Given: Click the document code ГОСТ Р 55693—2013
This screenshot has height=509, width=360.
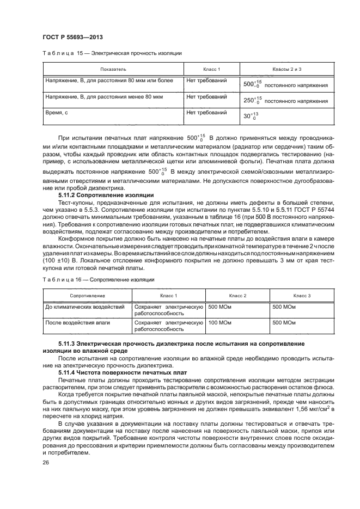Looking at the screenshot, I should tap(72, 36).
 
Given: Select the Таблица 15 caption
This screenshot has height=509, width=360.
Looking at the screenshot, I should tap(112, 53).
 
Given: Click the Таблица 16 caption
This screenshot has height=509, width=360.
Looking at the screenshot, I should tap(98, 279).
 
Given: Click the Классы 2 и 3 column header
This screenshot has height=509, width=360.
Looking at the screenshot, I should tap(286, 70).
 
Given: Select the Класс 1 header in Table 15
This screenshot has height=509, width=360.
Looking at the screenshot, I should tap(211, 70).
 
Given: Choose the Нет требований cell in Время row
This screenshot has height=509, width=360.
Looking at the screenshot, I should tap(206, 112).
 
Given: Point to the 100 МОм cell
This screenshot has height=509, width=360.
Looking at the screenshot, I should tap(221, 322).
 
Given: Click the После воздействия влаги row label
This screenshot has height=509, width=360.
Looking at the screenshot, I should tap(78, 322).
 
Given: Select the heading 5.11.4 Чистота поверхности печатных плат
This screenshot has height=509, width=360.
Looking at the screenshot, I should tap(122, 372).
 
